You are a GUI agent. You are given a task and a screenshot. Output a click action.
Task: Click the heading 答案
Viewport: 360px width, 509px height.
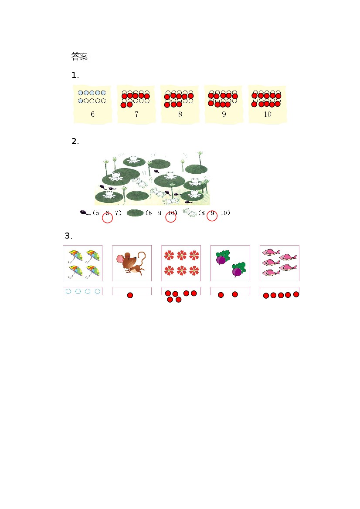coord(80,57)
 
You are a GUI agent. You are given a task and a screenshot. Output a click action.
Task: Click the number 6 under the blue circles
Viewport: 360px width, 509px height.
coord(92,114)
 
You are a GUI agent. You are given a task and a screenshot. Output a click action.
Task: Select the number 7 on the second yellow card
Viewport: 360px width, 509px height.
coord(136,114)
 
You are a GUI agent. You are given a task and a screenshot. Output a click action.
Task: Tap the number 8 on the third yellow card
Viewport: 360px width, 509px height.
coord(180,114)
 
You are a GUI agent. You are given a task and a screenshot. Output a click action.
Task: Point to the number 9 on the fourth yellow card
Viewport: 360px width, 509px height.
coord(224,114)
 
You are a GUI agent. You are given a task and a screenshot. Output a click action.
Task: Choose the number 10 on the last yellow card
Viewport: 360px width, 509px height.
coord(268,114)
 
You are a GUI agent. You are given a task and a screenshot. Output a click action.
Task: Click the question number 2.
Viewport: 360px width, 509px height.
coord(75,141)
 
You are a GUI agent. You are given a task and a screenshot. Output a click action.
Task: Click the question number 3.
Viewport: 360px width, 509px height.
coord(68,236)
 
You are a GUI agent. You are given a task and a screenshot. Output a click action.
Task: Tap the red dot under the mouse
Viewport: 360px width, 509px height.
coord(130,295)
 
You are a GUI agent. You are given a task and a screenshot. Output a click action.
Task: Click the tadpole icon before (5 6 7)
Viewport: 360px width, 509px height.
coord(85,212)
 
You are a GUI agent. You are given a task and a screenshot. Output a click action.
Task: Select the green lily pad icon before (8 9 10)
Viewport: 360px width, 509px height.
coord(135,213)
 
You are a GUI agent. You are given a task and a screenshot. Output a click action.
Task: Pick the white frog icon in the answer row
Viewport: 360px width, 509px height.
coord(190,212)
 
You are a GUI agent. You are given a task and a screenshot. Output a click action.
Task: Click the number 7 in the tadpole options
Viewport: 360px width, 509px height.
coord(117,213)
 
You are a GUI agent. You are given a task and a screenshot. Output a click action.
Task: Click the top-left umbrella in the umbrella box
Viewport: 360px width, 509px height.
coord(75,256)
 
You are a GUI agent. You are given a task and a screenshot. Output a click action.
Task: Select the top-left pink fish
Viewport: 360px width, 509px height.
coord(271,252)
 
